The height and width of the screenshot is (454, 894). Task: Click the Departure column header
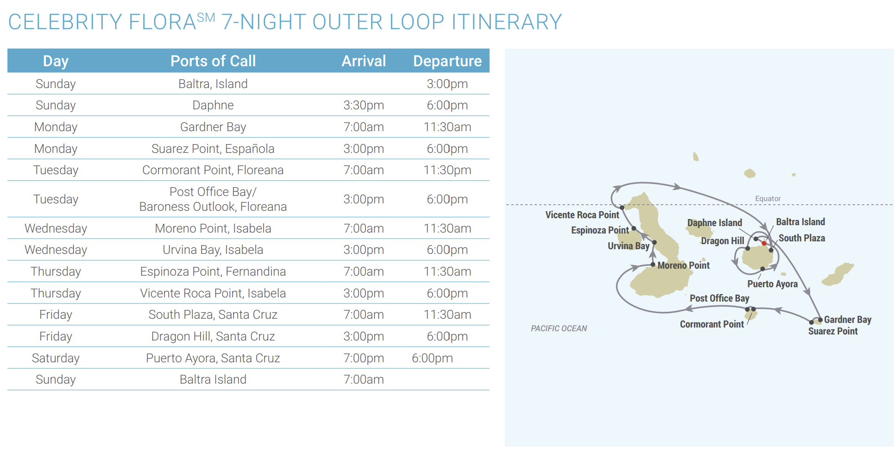click(x=447, y=61)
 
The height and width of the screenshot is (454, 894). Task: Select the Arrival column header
click(x=364, y=61)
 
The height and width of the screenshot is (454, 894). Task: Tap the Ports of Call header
click(x=213, y=61)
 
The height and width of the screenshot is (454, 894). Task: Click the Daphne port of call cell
click(x=213, y=105)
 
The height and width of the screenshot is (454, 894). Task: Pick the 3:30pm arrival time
click(x=364, y=105)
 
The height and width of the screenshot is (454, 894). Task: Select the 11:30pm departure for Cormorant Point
click(x=447, y=170)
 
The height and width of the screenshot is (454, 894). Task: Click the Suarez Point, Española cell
click(x=213, y=149)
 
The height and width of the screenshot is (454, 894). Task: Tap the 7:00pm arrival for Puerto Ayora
click(x=364, y=358)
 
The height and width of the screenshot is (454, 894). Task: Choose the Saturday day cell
click(x=56, y=358)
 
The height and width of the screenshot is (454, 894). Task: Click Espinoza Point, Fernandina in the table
click(x=213, y=271)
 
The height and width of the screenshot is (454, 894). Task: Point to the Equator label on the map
click(x=768, y=199)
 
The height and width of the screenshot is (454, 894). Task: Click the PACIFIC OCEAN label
click(x=559, y=328)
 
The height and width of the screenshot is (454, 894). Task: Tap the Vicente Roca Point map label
click(x=582, y=215)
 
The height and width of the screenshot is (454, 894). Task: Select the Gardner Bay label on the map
click(x=847, y=320)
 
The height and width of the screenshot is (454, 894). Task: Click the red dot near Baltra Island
click(x=764, y=243)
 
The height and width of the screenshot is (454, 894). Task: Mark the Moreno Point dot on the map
click(x=653, y=265)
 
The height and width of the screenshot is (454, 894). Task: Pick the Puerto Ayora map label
click(x=772, y=284)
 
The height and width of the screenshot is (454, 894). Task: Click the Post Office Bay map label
click(x=719, y=298)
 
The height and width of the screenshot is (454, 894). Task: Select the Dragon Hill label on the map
click(x=722, y=241)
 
